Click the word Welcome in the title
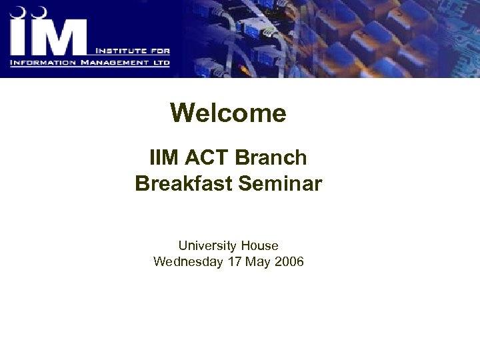point(228,113)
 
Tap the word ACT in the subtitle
point(207,158)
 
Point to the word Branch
point(271,158)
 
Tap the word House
point(259,245)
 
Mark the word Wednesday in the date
point(188,261)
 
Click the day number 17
point(235,261)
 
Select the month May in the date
point(258,261)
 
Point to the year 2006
point(289,261)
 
